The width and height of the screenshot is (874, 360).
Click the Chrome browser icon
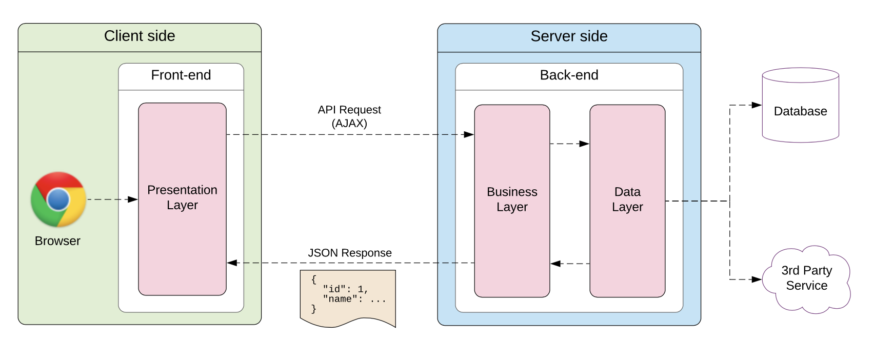58,199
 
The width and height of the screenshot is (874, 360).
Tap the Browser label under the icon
57,241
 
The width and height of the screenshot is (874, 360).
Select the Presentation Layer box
182,197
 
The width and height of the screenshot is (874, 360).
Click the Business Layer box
512,199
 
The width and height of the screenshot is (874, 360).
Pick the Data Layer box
627,199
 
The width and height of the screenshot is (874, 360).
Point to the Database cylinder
800,111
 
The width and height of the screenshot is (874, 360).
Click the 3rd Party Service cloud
806,278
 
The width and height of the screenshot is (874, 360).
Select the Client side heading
140,36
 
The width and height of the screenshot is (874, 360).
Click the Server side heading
569,36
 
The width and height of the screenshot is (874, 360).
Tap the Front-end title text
181,75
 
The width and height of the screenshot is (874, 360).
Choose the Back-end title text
569,75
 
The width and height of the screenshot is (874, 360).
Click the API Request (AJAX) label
349,116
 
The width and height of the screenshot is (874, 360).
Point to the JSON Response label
350,253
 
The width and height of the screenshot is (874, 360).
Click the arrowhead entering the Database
757,105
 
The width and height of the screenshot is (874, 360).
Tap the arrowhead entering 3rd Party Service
757,279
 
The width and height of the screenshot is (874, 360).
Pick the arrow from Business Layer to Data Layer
569,144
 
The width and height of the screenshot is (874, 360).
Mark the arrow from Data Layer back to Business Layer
569,264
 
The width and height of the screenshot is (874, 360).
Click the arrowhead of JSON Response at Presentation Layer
232,263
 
